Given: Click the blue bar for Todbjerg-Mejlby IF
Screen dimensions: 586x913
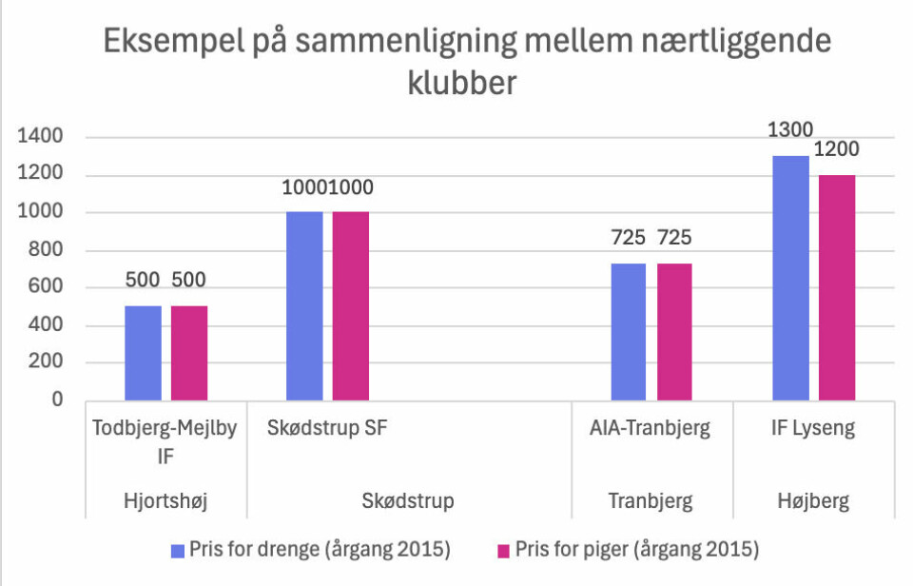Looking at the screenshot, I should (143, 353).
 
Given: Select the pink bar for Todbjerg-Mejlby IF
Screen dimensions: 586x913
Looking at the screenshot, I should (189, 353).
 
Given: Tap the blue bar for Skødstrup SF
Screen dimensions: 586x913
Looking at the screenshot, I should (304, 305).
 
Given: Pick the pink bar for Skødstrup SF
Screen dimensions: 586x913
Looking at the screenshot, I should (350, 305).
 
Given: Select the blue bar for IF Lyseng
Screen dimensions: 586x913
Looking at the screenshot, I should (790, 278).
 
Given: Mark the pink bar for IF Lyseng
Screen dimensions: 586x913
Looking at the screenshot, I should (837, 287).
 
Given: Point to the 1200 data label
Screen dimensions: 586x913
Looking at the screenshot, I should (838, 149).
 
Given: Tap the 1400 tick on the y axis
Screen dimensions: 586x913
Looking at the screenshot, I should (41, 138).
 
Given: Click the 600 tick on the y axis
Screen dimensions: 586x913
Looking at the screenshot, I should (47, 288).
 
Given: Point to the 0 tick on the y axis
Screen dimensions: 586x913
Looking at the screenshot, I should (57, 400).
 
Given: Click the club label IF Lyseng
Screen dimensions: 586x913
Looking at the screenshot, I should (812, 429).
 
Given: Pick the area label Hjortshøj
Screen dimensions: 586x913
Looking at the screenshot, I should (165, 500).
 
